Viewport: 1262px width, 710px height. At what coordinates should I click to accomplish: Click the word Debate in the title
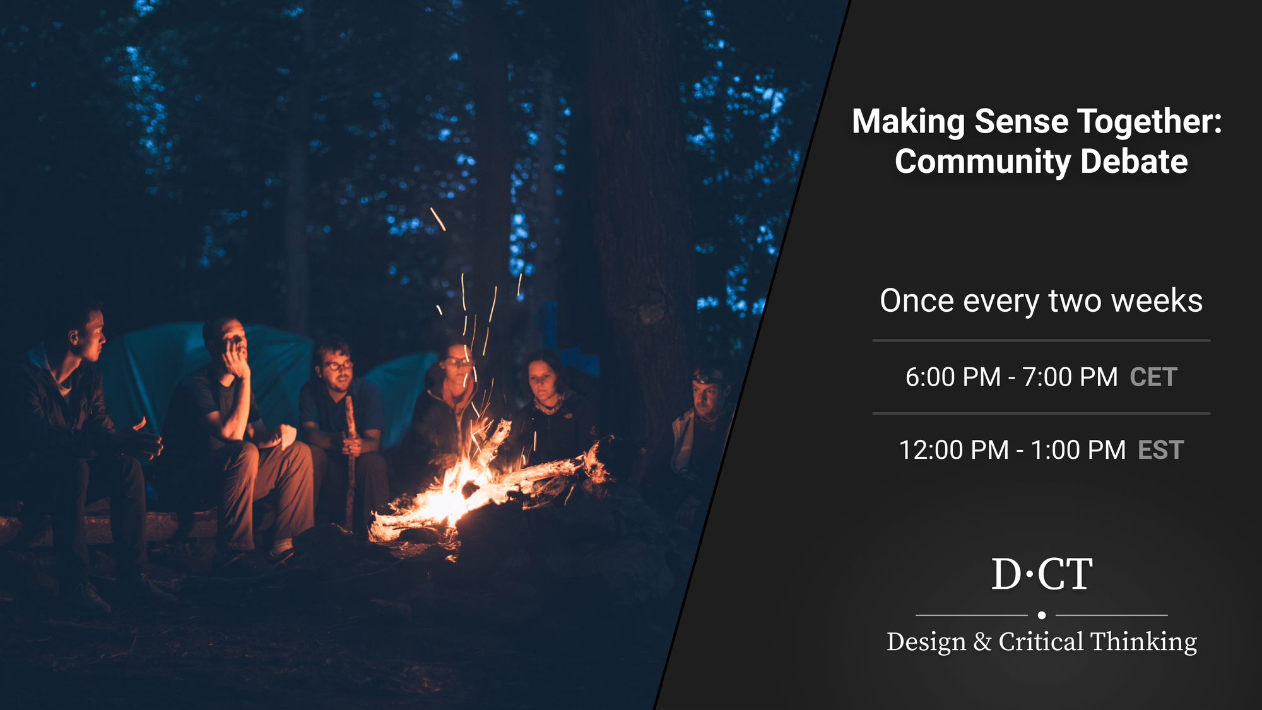coord(1134,162)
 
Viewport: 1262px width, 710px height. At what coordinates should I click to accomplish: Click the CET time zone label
coord(1153,377)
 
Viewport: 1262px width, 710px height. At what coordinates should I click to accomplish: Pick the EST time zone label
coord(1161,451)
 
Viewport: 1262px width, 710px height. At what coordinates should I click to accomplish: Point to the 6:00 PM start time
coord(953,377)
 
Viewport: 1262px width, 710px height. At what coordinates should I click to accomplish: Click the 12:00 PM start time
coord(953,451)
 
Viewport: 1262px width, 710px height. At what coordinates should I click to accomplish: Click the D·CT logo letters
coord(1041,574)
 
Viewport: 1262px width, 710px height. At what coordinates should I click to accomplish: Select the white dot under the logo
coord(1042,615)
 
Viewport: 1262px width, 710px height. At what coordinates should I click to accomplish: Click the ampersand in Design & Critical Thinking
coord(982,642)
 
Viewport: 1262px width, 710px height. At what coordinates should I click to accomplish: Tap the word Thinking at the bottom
coord(1143,642)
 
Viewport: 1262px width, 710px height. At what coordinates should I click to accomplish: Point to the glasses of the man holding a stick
coord(338,365)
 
